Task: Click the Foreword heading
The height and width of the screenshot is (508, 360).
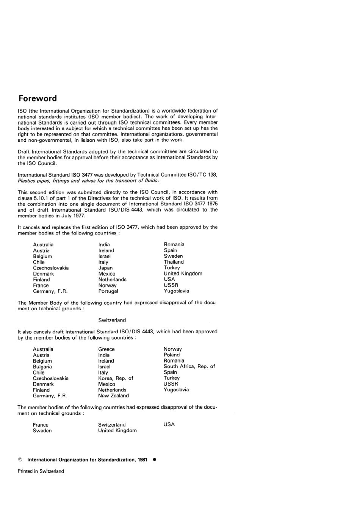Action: tap(38, 98)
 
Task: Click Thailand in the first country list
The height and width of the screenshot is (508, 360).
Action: tap(174, 262)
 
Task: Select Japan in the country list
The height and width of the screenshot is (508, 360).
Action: tap(105, 268)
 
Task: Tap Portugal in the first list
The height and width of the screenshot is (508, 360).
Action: tap(108, 291)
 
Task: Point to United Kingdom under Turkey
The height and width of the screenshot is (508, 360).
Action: tap(183, 274)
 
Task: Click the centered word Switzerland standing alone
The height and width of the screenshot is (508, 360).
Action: tap(112, 320)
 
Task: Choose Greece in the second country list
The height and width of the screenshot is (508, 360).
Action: tap(106, 349)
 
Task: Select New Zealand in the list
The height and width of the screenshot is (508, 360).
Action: tap(113, 396)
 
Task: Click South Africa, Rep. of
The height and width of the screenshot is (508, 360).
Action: tap(189, 366)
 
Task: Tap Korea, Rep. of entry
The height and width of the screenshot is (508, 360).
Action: tap(116, 378)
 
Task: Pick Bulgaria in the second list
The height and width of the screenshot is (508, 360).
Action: tap(42, 367)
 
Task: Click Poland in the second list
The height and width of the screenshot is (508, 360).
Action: tap(172, 355)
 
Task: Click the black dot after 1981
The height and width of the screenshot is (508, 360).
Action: tap(154, 460)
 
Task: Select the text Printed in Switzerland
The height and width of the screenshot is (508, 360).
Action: tap(41, 471)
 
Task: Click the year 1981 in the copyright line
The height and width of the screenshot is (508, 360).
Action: tap(142, 460)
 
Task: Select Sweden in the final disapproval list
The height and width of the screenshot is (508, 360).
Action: tap(42, 431)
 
